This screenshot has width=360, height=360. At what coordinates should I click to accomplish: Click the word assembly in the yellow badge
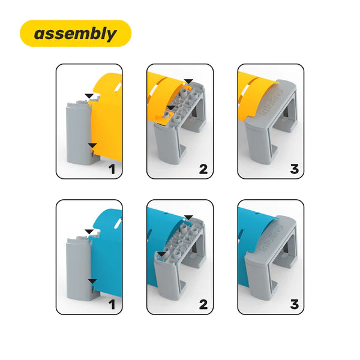point(76,34)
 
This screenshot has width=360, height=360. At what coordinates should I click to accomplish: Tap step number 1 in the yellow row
point(112,169)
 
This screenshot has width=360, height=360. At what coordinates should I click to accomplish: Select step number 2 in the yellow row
point(203,169)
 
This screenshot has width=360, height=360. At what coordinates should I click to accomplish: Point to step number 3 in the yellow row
point(295,169)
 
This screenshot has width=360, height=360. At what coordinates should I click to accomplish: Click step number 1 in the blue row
point(112,305)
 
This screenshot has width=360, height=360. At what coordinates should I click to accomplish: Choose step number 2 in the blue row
point(203,305)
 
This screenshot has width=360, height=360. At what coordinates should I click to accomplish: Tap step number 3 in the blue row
point(295,305)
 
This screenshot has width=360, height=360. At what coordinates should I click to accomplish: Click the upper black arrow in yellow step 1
point(89,96)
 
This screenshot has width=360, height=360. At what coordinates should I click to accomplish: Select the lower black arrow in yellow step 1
point(92,146)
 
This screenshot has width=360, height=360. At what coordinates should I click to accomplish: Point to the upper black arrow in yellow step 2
point(189,82)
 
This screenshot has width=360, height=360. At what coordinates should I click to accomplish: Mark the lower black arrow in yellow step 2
point(171,108)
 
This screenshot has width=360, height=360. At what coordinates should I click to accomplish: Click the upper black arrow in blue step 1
point(89,232)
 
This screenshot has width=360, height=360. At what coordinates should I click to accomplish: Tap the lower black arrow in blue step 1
point(92,281)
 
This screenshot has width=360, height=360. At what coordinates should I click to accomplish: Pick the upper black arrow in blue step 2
point(189,217)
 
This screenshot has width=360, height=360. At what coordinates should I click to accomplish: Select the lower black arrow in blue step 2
point(162,254)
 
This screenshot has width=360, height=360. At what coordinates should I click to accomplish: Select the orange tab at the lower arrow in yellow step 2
point(161,118)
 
